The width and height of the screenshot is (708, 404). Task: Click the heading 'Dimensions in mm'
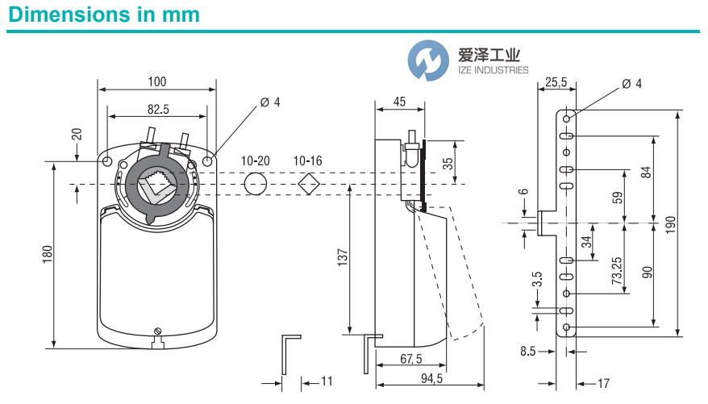[x=103, y=15]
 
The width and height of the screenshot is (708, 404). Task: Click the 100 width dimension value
[x=156, y=81]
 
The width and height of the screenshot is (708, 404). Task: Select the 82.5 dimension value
[x=156, y=108]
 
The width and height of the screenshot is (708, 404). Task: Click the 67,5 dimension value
[x=409, y=358]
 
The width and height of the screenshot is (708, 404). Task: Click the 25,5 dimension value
[x=556, y=82]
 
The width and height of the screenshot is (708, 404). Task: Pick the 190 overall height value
[x=670, y=223]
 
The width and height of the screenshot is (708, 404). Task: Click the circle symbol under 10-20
[x=255, y=183]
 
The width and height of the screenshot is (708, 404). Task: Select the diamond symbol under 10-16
[x=307, y=183]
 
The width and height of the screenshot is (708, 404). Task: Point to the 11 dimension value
[x=327, y=380]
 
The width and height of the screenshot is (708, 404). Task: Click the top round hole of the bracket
[x=568, y=118]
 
